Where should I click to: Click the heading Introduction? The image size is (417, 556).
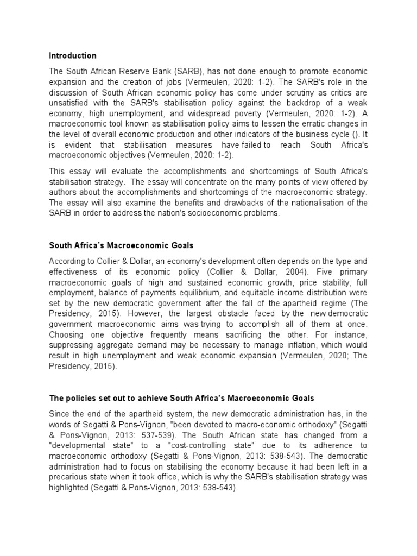[73, 56]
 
